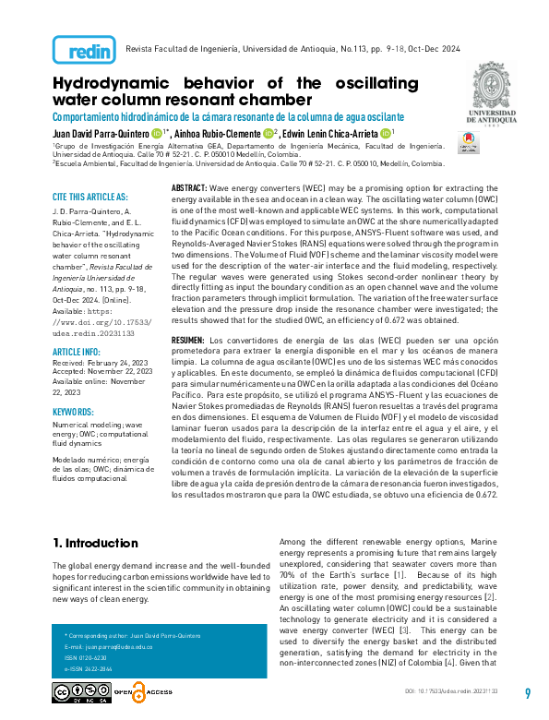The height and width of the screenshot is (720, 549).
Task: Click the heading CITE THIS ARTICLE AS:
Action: (x=90, y=197)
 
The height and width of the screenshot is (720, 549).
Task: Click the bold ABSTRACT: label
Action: (x=190, y=187)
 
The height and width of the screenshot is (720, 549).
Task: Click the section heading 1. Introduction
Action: (x=96, y=542)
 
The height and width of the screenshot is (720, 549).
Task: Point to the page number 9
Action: (x=528, y=694)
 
